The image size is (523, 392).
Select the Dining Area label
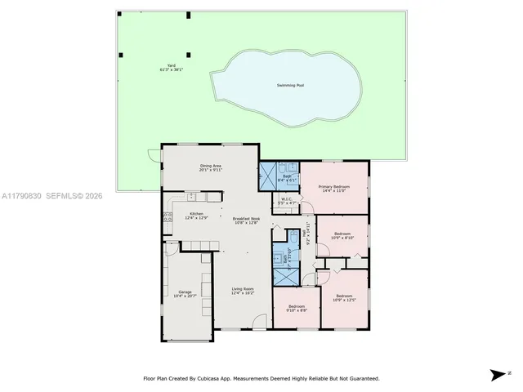click(x=211, y=167)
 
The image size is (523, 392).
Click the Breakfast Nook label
click(x=245, y=220)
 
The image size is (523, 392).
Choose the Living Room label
click(x=243, y=290)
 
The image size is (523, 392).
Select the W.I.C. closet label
click(x=287, y=200)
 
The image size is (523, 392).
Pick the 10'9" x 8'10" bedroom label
click(x=342, y=236)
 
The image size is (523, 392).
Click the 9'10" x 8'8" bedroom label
click(x=297, y=308)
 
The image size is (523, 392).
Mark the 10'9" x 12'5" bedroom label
click(x=343, y=297)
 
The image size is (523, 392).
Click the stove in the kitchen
click(x=168, y=217)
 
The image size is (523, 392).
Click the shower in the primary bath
click(x=268, y=175)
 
